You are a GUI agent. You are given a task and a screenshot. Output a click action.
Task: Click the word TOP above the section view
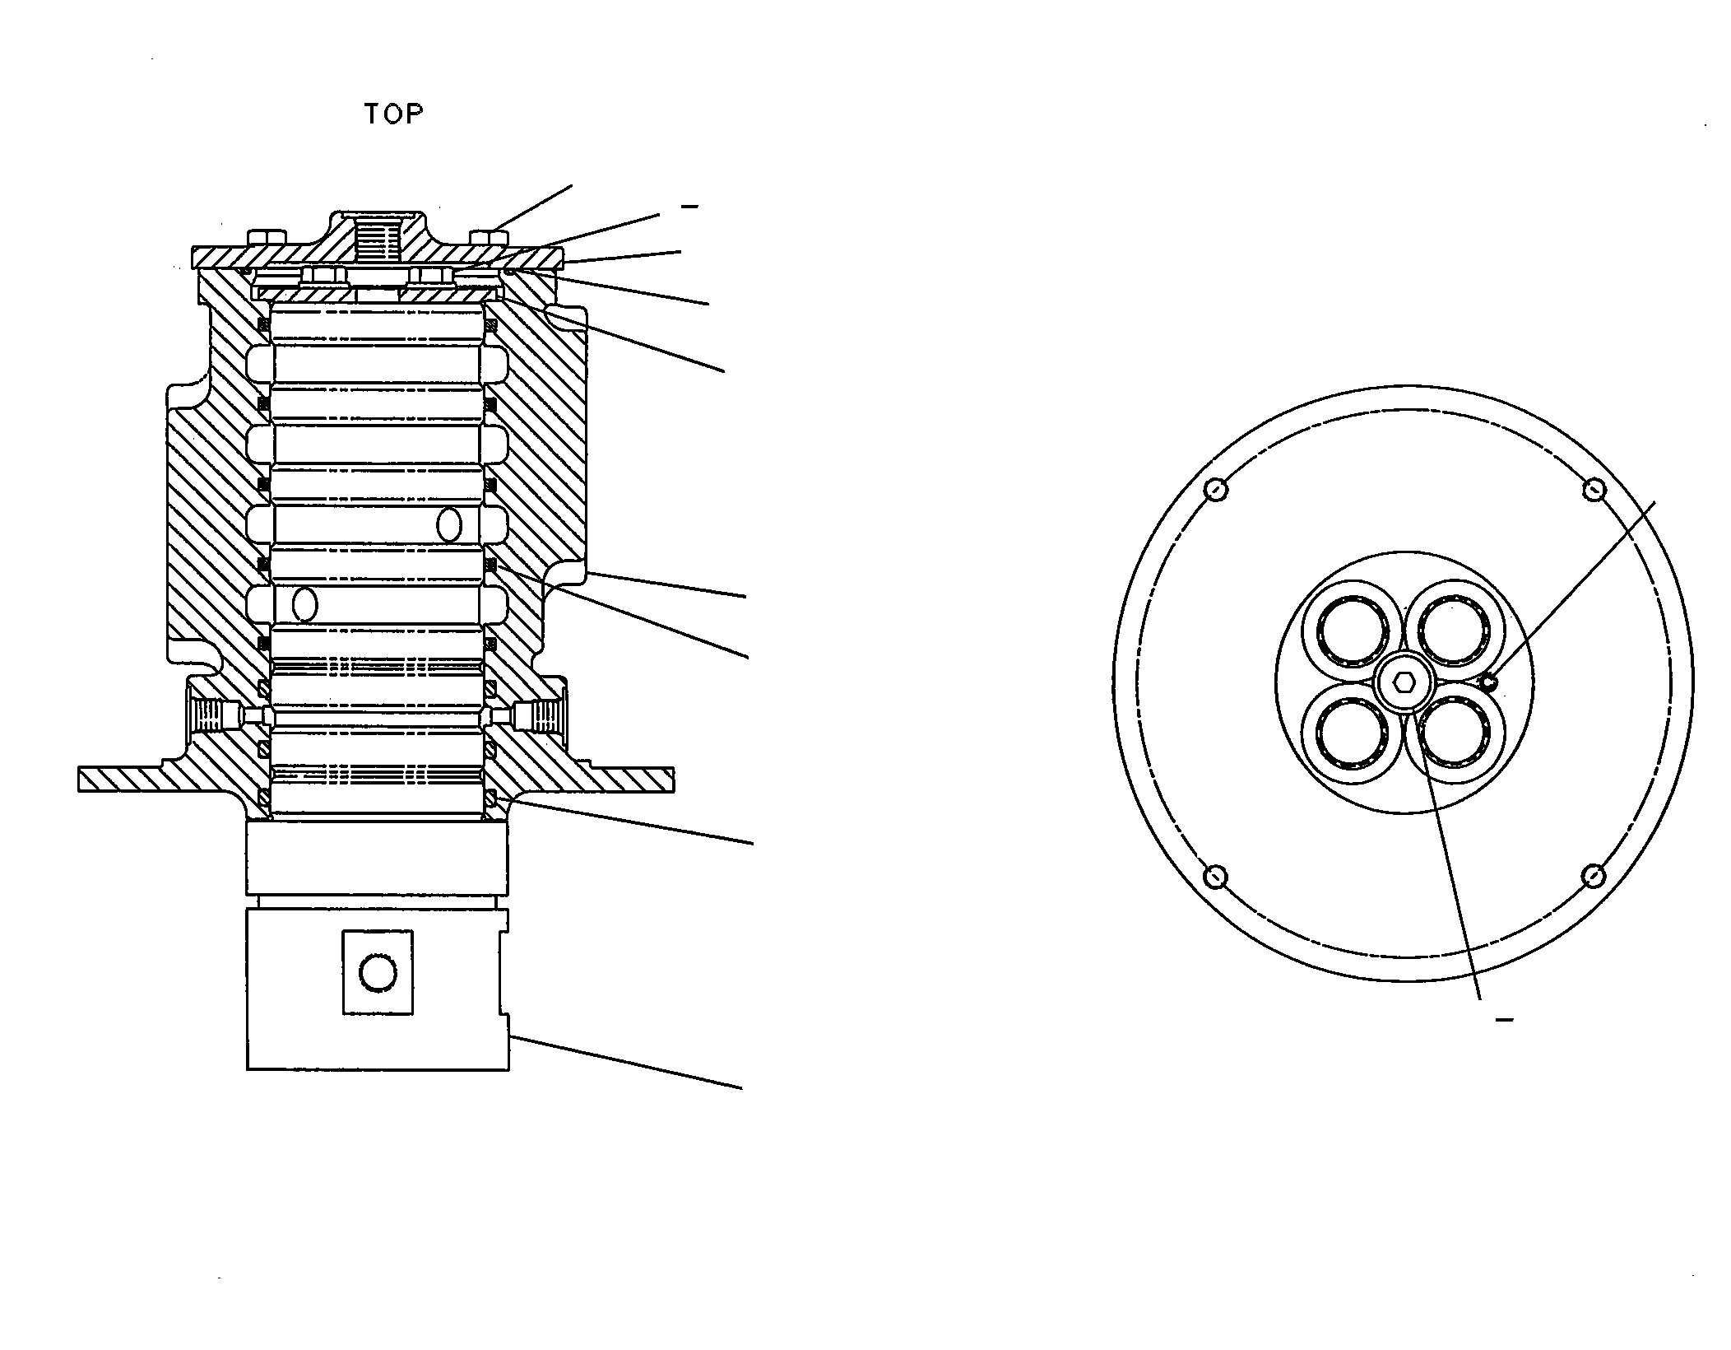pos(394,114)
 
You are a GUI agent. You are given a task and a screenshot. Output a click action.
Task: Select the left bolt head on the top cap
pos(267,238)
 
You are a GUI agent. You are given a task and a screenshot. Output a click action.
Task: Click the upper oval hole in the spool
pos(449,524)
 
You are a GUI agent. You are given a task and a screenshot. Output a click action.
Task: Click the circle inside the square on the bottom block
pos(378,973)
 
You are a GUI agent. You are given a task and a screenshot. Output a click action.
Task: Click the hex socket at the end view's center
pos(1404,682)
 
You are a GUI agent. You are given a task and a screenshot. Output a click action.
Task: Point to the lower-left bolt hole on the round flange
pos(1216,876)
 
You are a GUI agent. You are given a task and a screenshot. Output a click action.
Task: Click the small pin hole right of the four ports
pos(1489,681)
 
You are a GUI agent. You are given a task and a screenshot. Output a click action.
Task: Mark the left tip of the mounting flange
pos(79,780)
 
